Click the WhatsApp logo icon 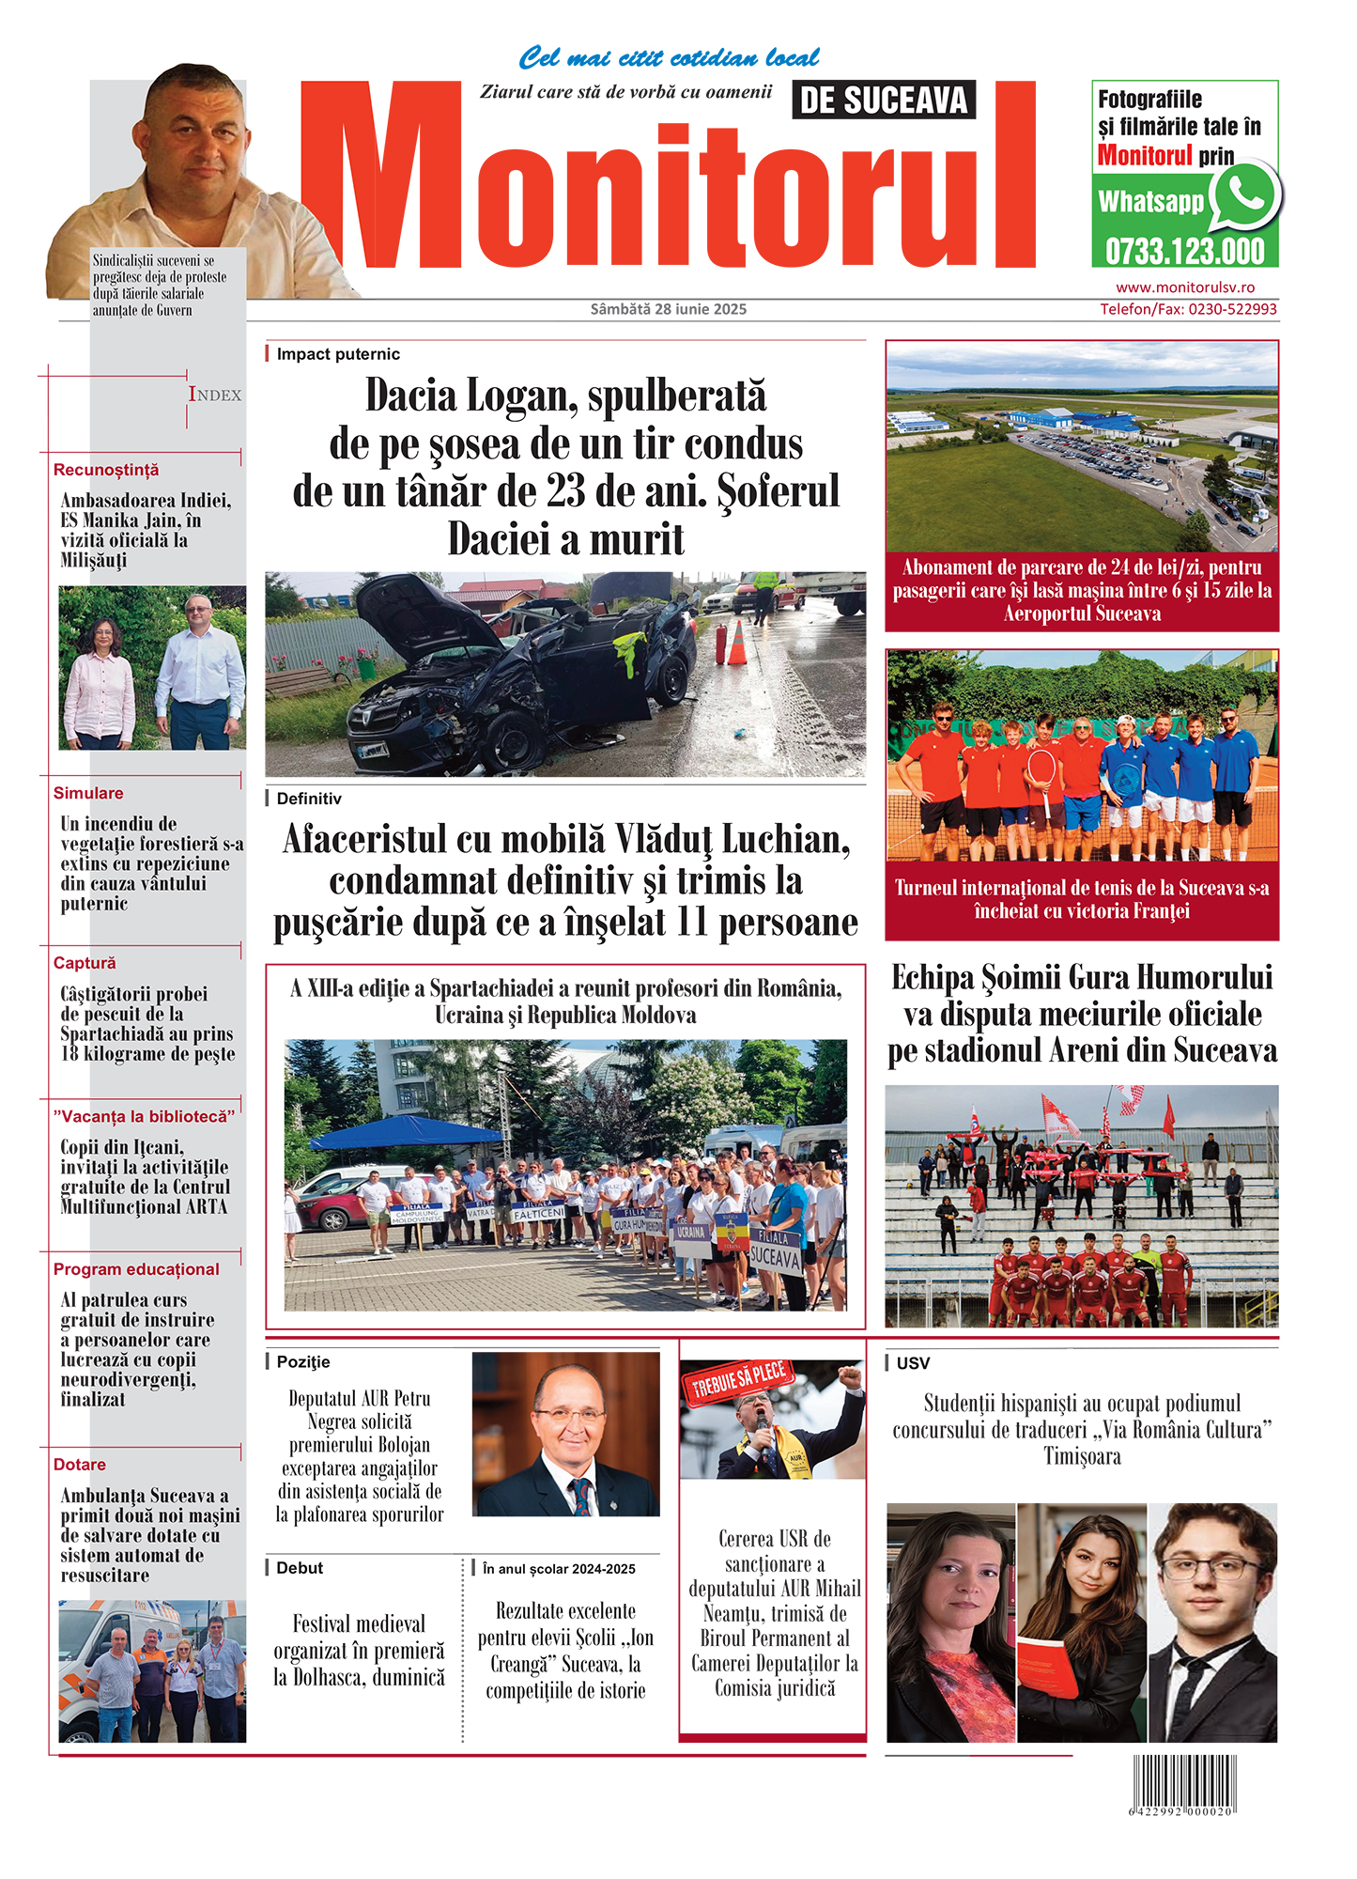point(1244,194)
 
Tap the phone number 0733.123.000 point(1184,252)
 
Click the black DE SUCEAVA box point(883,101)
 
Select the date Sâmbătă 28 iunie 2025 point(668,309)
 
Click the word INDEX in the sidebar point(215,396)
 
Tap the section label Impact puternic point(338,354)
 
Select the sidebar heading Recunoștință point(106,470)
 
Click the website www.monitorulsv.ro point(1184,287)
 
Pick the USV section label point(913,1363)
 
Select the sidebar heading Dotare point(80,1465)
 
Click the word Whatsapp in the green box point(1150,202)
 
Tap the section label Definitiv point(309,799)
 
